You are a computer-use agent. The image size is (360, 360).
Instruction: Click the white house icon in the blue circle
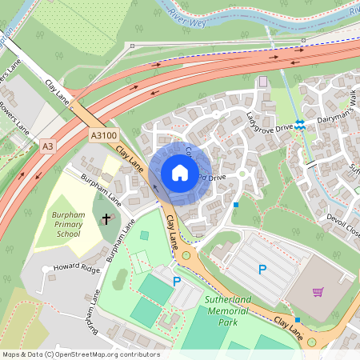[x=180, y=173]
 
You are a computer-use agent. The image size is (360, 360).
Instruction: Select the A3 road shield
[x=49, y=146]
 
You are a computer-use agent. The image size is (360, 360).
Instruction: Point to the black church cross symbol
[x=106, y=216]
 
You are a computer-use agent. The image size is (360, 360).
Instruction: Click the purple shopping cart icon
[x=318, y=291]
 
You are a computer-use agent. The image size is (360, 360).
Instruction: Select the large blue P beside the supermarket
[x=262, y=270]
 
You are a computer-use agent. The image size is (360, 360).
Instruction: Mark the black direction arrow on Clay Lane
[x=154, y=189]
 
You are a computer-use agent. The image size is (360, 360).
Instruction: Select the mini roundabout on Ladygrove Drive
[x=242, y=173]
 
